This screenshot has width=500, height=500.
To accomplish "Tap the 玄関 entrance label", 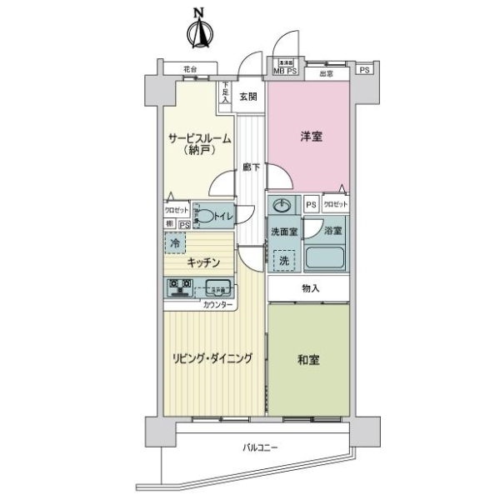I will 248,97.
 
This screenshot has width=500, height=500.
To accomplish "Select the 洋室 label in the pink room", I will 310,139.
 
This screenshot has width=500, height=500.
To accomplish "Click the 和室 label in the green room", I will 308,360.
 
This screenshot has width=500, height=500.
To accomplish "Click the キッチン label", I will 203,263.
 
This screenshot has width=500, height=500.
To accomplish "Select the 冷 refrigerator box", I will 174,242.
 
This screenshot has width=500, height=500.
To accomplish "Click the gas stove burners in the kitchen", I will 180,288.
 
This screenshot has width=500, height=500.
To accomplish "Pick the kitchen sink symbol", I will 219,289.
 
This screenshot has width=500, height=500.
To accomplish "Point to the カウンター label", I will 218,305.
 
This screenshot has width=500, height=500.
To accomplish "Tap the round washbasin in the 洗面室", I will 282,206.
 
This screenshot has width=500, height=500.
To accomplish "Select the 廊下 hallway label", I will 251,167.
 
